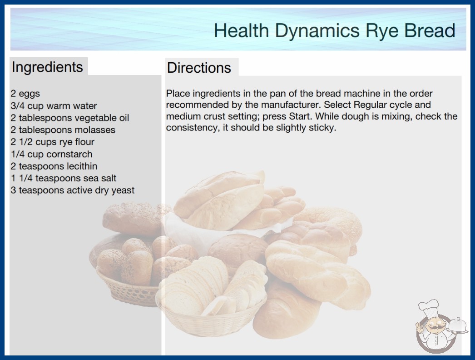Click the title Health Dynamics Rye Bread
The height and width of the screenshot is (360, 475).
[334, 31]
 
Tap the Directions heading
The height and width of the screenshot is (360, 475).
[199, 68]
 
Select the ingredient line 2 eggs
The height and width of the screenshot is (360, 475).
[25, 94]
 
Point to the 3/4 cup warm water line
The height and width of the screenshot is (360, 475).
[54, 106]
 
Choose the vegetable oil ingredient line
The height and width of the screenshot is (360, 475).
[69, 118]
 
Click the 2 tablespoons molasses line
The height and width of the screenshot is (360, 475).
[63, 130]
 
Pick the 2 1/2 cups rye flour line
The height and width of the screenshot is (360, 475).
[52, 142]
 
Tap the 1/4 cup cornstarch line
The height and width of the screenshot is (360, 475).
[51, 154]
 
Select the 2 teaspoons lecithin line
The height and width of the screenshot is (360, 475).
[54, 166]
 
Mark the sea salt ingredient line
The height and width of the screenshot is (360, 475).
[63, 178]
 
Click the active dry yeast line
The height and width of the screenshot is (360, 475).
[72, 190]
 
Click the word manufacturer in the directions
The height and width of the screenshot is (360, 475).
[290, 105]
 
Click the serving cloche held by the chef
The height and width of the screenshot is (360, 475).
[458, 326]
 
